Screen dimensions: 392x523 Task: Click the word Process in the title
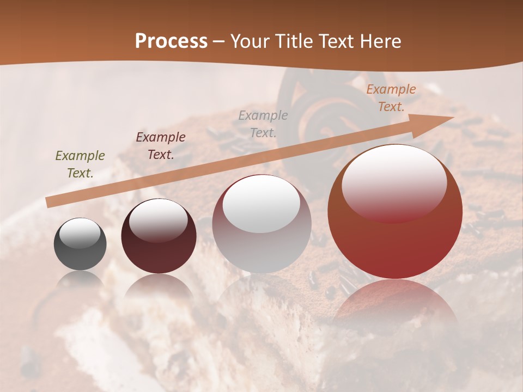pos(171,41)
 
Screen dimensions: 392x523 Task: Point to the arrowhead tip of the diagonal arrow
pos(453,117)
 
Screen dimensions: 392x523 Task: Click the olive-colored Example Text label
pos(80,164)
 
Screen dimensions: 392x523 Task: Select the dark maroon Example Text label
pos(161,145)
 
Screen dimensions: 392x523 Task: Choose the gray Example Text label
pos(263,124)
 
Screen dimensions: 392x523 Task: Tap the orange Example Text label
pos(391,98)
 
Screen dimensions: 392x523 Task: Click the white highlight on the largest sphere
pos(394,182)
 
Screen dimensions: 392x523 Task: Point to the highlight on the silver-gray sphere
pos(261,204)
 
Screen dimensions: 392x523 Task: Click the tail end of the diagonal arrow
pos(48,203)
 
